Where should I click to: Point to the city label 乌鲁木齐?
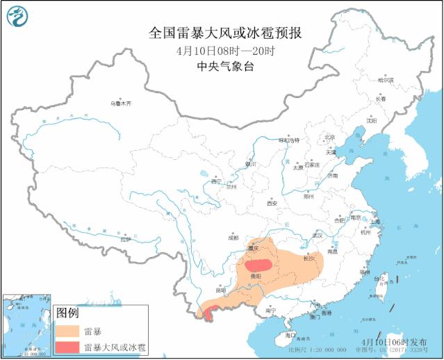click(120, 104)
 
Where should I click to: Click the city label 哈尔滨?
click(385, 81)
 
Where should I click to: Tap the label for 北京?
click(329, 138)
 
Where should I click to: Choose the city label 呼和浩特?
click(288, 140)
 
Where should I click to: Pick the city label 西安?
click(272, 203)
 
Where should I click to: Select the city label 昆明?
click(222, 291)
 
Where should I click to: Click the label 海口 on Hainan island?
click(290, 334)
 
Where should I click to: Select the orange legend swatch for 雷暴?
click(68, 330)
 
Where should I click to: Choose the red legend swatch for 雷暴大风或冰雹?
click(68, 346)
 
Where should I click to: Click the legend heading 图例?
click(67, 312)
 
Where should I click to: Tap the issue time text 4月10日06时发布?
click(394, 342)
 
